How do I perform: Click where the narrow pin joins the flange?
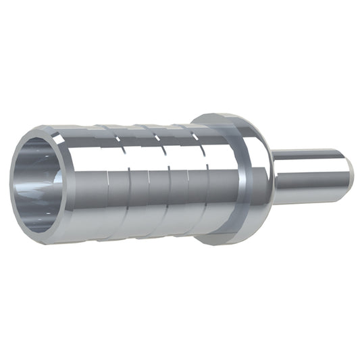pos(274,177)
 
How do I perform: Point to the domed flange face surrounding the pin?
pos(260,162)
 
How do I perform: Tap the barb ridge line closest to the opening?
pos(108,196)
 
